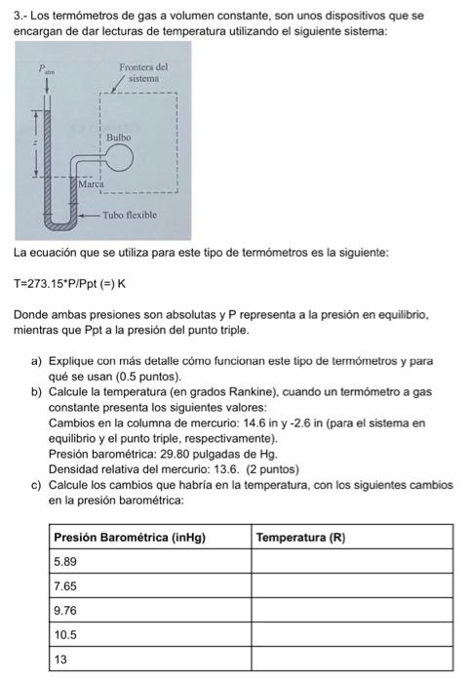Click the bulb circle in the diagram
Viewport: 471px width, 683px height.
[x=120, y=159]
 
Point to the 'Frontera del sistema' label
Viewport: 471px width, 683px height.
[x=142, y=71]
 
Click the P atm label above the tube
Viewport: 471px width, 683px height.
[x=42, y=68]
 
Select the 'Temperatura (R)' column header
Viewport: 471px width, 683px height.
[x=301, y=537]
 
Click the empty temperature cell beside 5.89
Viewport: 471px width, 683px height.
[x=352, y=561]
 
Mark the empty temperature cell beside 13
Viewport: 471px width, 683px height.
[x=352, y=659]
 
